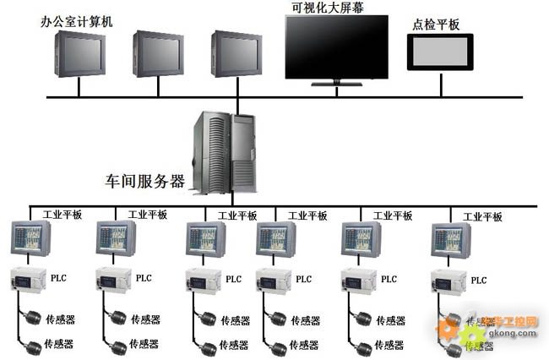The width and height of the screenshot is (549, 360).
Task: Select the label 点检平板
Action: pos(437,25)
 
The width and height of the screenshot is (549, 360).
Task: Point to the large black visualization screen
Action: pos(336,46)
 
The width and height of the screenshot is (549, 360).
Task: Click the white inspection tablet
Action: pos(440,52)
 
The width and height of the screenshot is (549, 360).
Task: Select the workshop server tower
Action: pos(226,153)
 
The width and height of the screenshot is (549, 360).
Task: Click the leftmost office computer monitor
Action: pos(81,53)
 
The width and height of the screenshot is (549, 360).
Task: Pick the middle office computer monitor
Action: pos(158,53)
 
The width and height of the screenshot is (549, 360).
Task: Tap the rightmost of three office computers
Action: pos(236,53)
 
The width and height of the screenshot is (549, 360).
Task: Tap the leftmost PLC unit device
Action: pos(28,278)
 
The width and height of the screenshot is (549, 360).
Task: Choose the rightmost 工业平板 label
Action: pos(482,217)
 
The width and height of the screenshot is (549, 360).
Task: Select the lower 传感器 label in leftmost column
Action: pos(59,344)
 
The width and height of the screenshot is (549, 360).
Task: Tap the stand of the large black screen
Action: pos(335,82)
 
